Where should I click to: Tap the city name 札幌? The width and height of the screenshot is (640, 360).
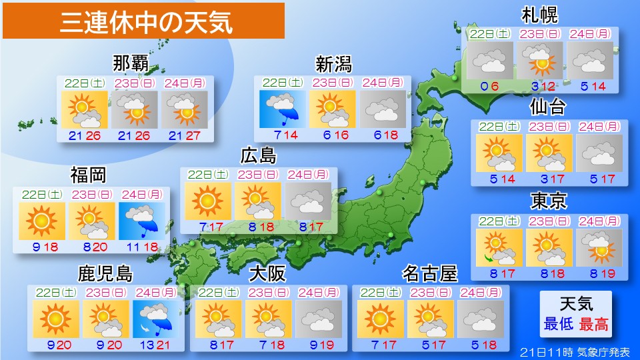tap(540, 15)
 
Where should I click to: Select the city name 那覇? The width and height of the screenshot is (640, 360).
tap(131, 64)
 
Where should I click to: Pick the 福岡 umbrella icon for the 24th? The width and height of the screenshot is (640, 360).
tap(141, 221)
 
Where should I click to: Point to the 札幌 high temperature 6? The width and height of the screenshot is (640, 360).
tap(495, 85)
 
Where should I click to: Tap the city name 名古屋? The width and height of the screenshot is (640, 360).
tap(430, 273)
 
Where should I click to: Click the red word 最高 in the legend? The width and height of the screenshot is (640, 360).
tap(593, 325)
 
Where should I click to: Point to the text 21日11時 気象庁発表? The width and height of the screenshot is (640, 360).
tap(574, 351)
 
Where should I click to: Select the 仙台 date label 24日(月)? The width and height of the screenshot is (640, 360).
tap(599, 125)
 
